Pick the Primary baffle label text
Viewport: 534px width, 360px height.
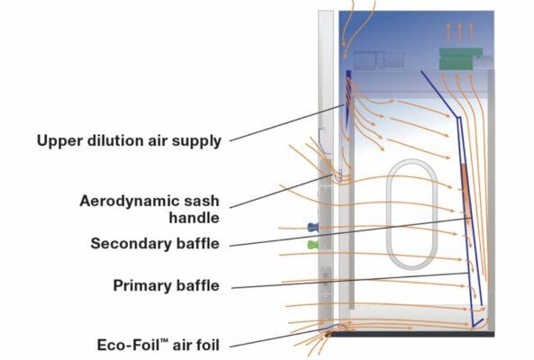pos(166,285)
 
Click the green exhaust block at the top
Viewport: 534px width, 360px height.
pos(460,58)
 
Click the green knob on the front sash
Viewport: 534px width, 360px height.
pos(312,244)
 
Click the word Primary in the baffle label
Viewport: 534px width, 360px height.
pos(141,285)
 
